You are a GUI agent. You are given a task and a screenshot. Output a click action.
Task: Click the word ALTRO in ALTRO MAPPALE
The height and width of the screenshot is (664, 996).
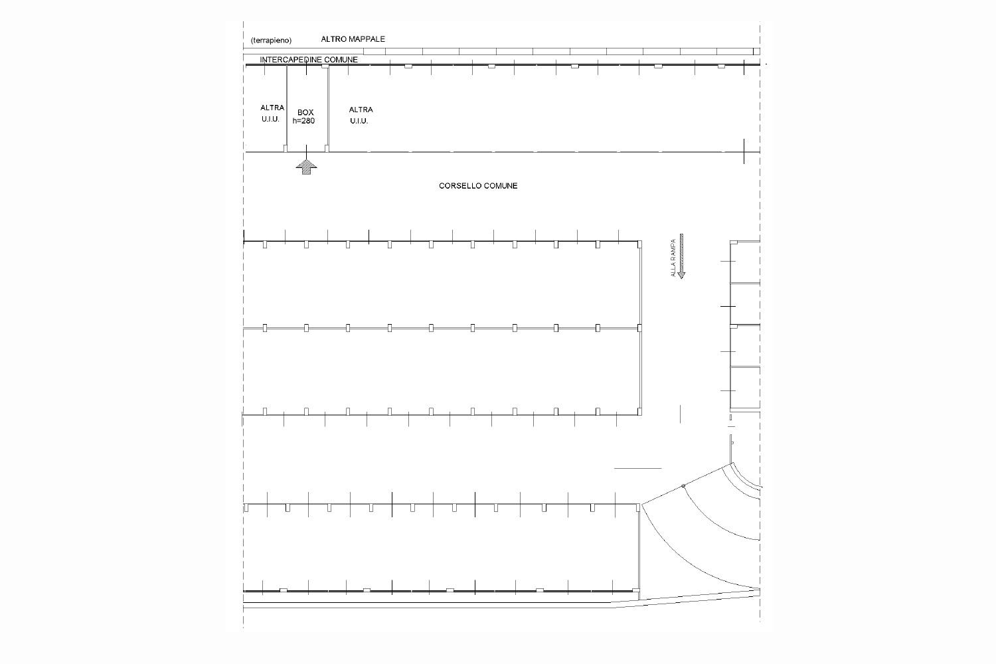(x=332, y=39)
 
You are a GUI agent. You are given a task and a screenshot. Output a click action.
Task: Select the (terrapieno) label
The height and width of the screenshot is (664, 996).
(x=271, y=41)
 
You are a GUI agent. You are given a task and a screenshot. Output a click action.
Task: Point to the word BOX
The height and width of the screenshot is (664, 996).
(x=305, y=112)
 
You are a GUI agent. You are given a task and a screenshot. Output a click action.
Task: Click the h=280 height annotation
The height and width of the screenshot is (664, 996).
(x=303, y=121)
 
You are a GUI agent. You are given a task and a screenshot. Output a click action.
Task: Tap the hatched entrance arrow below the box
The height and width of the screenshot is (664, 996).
(x=306, y=168)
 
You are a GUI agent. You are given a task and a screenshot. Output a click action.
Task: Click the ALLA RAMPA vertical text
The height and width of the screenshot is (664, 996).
(x=673, y=258)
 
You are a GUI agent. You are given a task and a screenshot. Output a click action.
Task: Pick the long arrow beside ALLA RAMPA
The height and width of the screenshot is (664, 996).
(x=681, y=256)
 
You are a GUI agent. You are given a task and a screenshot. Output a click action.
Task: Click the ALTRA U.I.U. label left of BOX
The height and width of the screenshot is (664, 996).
(x=272, y=114)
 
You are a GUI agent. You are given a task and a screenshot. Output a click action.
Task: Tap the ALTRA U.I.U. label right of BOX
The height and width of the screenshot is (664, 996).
(x=361, y=115)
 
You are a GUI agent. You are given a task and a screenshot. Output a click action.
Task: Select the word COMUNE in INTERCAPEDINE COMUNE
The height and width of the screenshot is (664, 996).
(x=341, y=60)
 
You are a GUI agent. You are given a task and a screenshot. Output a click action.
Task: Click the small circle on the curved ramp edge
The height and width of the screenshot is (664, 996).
(x=683, y=486)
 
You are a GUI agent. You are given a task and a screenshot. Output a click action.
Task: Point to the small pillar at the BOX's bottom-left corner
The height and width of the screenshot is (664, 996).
(x=286, y=149)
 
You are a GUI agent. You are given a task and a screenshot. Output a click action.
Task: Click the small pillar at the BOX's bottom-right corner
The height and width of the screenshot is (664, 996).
(x=327, y=149)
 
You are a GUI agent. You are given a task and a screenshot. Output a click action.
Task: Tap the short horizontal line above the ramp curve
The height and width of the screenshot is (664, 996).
(x=637, y=468)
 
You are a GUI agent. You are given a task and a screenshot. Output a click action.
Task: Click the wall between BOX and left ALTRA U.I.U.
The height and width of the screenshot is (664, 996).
(x=287, y=107)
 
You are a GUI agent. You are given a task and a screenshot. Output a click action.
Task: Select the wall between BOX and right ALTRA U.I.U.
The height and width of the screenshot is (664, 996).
(x=328, y=107)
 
